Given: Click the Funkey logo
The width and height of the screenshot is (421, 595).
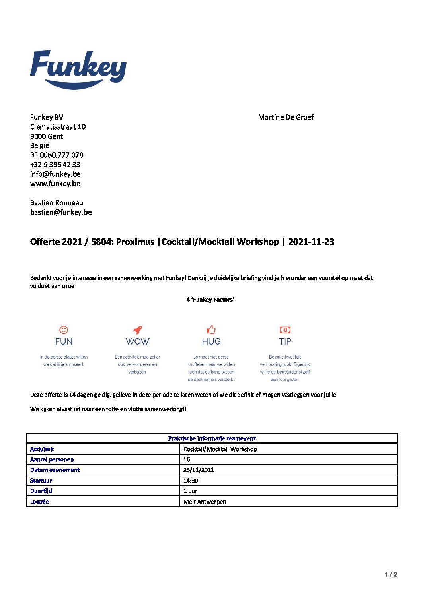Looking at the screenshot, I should click(x=78, y=69).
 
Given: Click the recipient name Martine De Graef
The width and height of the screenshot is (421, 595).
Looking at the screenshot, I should click(x=286, y=117).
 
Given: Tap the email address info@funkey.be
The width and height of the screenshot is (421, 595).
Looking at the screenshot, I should click(x=55, y=174).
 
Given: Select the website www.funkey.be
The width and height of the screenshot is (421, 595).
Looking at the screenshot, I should click(x=55, y=184).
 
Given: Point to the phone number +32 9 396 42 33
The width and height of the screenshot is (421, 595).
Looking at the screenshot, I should click(x=55, y=165).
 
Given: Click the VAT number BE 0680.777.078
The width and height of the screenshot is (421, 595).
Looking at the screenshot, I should click(x=57, y=155).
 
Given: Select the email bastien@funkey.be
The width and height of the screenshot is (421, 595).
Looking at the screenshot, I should click(x=61, y=212).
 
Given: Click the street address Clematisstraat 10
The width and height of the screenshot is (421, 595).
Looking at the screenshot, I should click(x=58, y=127).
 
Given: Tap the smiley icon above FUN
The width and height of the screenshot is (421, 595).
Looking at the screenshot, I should click(x=64, y=330).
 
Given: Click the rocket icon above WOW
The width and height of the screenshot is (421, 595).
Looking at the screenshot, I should click(x=137, y=330).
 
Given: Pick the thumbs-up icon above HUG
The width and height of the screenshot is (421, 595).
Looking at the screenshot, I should click(x=211, y=329).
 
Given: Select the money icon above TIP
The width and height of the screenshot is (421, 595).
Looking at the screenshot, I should click(x=285, y=330).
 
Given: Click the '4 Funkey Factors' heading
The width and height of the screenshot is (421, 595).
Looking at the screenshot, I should click(x=210, y=300).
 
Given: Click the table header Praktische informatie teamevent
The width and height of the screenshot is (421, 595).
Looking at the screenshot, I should click(x=212, y=438).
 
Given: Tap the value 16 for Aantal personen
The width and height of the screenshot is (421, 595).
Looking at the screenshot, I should click(x=187, y=459).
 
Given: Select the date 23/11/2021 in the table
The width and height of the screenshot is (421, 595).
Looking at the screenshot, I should click(x=199, y=470).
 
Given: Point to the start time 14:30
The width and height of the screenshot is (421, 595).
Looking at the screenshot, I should click(x=191, y=481).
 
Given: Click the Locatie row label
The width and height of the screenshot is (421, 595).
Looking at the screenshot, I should click(x=40, y=502).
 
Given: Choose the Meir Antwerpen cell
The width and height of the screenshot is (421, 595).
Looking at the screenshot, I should click(x=205, y=502).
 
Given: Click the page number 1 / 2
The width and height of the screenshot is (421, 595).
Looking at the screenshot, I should click(x=391, y=574).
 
